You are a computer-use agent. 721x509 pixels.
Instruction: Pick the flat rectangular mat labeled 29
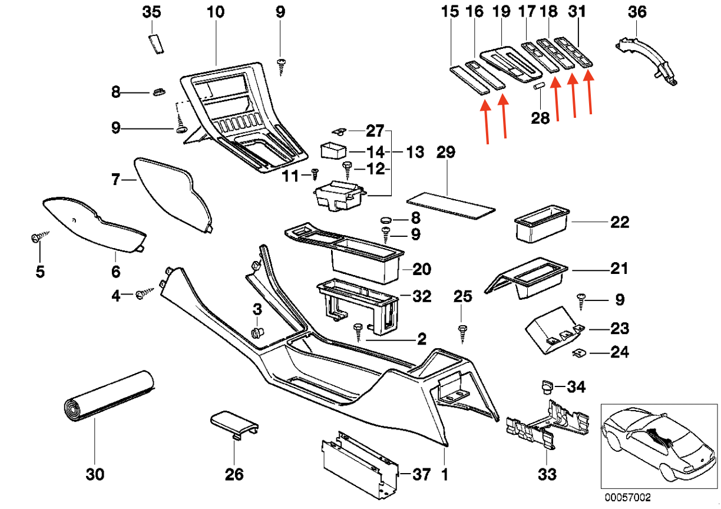451,204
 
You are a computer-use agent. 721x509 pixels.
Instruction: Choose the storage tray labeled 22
542,223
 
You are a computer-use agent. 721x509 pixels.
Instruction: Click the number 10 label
216,12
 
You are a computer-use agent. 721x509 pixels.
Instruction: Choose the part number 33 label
547,474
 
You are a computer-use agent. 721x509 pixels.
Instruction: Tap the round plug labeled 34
547,386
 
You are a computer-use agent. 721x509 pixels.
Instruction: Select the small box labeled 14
333,150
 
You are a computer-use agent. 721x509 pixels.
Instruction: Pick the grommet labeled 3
256,333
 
